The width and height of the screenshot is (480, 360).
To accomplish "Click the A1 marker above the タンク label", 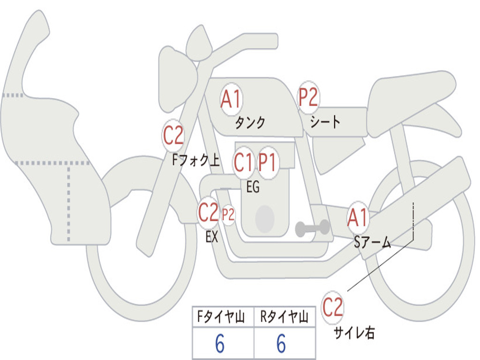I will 231,99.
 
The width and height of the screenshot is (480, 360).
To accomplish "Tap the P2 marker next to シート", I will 308,97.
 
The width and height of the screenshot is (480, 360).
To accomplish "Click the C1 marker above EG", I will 243,163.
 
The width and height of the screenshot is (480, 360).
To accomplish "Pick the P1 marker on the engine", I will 268,163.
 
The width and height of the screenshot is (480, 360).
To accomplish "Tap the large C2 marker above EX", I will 209,213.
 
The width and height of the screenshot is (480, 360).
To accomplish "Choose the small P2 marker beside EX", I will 228,215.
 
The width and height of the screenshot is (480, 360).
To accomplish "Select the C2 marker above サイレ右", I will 332,308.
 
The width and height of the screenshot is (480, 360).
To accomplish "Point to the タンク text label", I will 250,123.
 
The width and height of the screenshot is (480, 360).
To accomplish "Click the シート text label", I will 325,122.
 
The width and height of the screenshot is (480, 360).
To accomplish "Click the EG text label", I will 253,187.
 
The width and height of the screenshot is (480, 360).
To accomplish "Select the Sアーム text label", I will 373,242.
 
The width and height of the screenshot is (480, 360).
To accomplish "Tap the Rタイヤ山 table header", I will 285,318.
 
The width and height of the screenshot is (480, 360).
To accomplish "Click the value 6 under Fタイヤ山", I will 220,345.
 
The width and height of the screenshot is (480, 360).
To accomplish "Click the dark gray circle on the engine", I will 265,219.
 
